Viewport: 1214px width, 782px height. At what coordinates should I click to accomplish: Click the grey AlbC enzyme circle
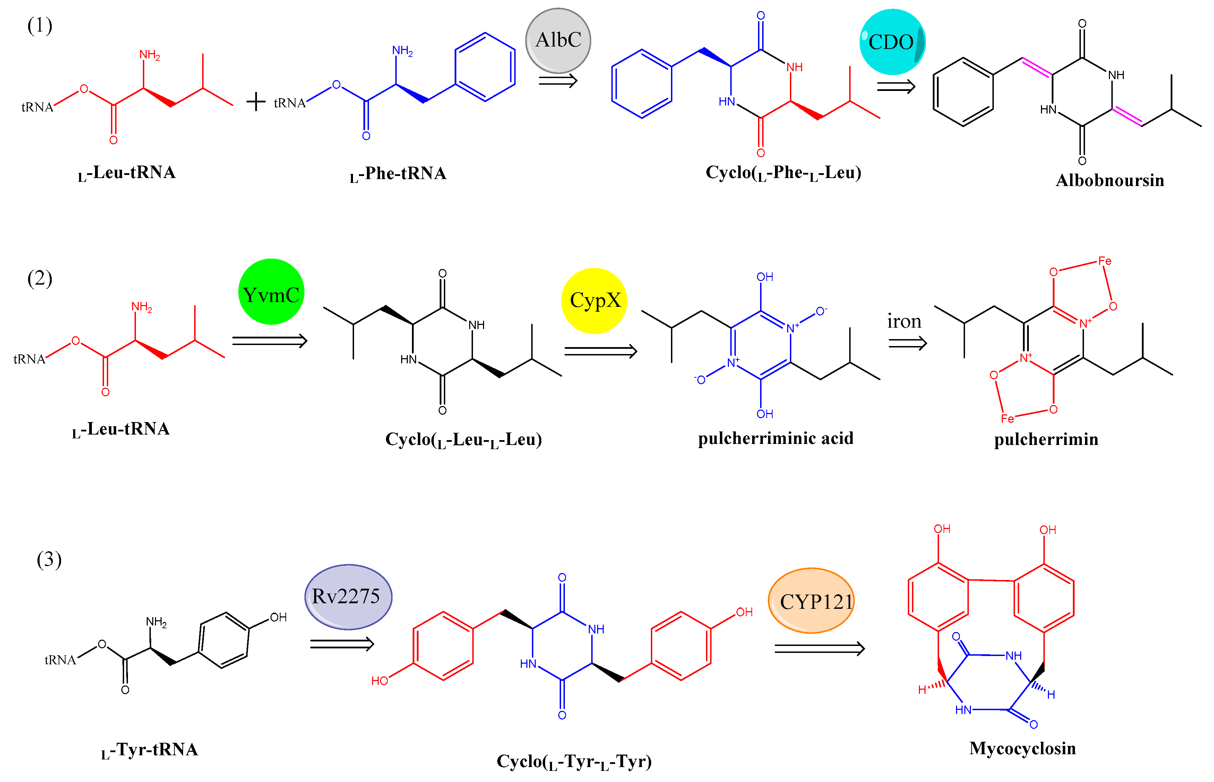(x=558, y=41)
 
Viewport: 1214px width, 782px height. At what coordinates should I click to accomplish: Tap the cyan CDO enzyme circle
(x=892, y=42)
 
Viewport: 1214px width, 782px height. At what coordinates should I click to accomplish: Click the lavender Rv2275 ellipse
(x=348, y=597)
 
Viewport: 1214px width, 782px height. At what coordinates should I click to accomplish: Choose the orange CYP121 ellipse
(x=811, y=601)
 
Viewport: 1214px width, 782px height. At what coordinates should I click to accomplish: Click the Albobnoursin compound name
(x=1110, y=180)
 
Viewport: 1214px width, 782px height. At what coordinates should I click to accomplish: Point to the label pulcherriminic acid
(x=775, y=438)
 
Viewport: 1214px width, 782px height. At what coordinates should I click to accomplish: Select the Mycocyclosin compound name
(x=1022, y=748)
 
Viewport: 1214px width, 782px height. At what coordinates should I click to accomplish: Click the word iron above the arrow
(x=904, y=321)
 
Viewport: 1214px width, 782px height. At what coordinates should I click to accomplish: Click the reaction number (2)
(x=40, y=278)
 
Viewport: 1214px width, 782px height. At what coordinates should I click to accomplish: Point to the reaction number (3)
(x=49, y=560)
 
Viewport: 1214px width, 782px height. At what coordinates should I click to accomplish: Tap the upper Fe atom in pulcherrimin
(x=1104, y=261)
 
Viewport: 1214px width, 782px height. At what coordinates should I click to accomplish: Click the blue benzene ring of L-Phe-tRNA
(x=485, y=67)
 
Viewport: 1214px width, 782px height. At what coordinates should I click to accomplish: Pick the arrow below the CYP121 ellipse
(x=819, y=648)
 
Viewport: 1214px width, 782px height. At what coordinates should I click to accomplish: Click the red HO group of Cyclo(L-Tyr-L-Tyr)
(x=379, y=680)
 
